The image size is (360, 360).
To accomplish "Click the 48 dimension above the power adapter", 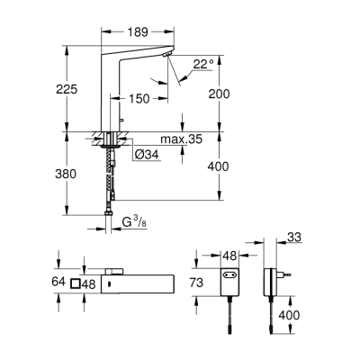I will tap(229, 256).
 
